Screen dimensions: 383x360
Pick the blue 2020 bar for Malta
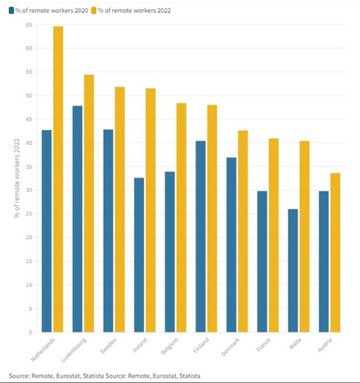[x=293, y=270]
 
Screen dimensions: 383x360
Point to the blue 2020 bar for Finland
[x=200, y=237]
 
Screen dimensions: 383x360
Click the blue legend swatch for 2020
[x=11, y=11]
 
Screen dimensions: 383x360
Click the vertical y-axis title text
[x=17, y=178]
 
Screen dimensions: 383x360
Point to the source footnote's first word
[x=19, y=376]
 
